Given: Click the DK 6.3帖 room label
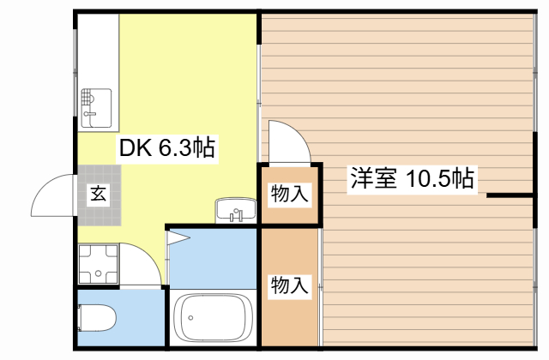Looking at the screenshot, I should (x=166, y=147).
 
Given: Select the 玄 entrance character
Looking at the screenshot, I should (x=98, y=193).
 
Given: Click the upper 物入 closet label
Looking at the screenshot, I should (x=289, y=194).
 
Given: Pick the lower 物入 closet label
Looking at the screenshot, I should (x=289, y=285).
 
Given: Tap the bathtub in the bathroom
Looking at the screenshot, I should (x=212, y=318).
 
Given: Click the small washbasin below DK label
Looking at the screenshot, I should (x=234, y=209).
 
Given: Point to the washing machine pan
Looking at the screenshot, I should (x=98, y=264).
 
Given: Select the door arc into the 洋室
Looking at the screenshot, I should (x=289, y=141).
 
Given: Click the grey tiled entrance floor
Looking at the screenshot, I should (x=98, y=206).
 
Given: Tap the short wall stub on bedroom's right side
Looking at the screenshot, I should (x=510, y=196).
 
